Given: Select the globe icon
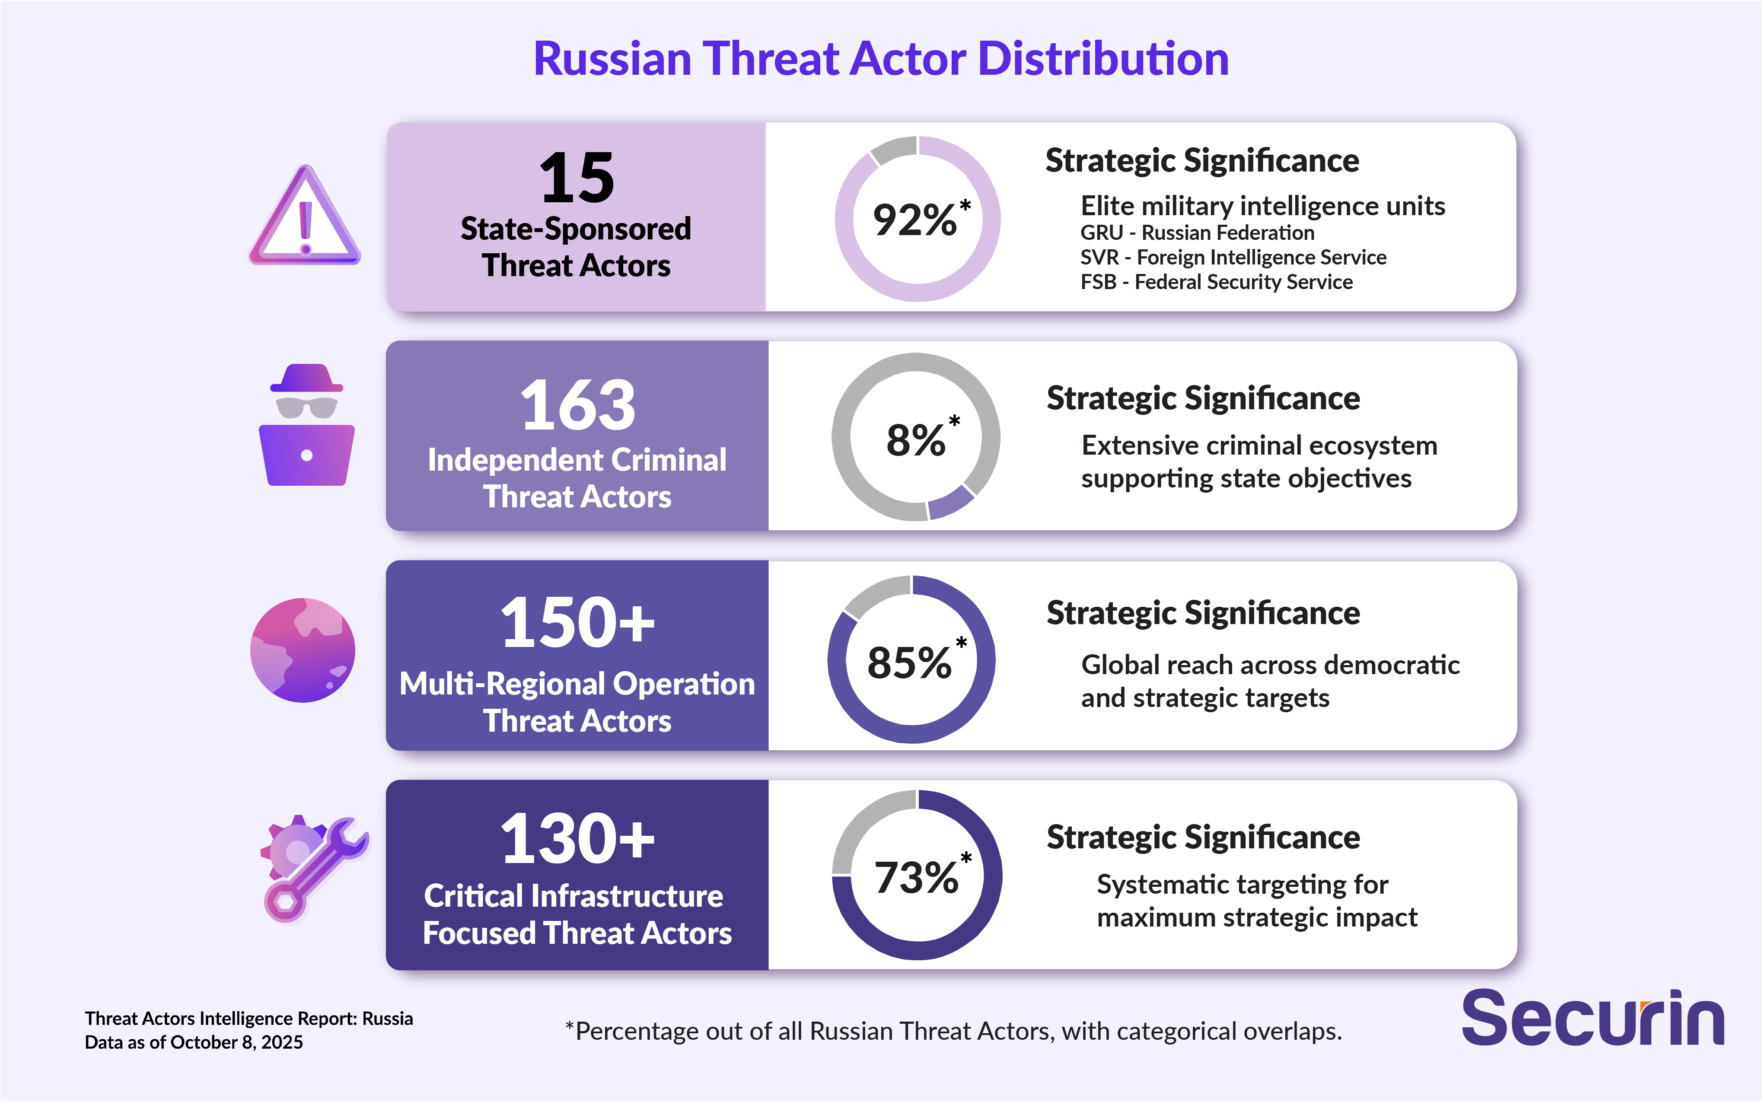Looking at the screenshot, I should (303, 650).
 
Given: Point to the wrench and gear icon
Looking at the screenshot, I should (313, 867).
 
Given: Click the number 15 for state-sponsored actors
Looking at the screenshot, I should (577, 178).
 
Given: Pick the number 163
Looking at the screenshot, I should (577, 405).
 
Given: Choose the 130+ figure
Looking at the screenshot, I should (577, 840).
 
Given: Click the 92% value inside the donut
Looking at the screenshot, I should (916, 220).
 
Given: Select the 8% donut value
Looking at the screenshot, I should (916, 440).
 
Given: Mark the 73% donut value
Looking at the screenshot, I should (916, 878).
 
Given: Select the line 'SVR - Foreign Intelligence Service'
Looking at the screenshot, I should (1233, 257).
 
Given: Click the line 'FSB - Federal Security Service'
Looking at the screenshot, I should (1216, 282).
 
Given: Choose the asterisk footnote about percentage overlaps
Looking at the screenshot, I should (953, 1031).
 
